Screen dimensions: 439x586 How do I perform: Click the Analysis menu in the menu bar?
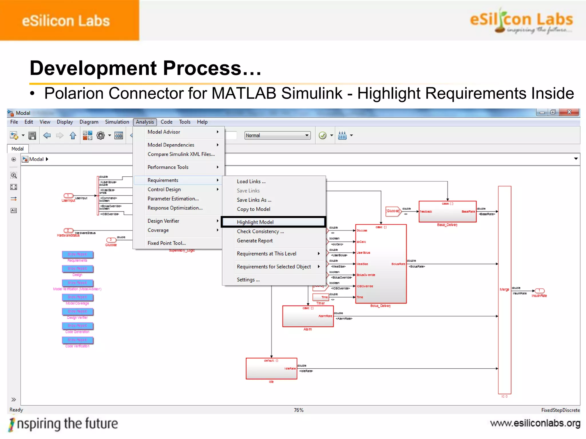coord(145,122)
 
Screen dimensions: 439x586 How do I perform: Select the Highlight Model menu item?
coord(255,222)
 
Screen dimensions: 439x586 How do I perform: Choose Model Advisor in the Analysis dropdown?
coord(164,132)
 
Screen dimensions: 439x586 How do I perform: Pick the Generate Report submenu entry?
coord(255,241)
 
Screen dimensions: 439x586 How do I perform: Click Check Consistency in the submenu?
coord(260,232)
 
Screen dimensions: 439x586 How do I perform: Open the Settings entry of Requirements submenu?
coord(248,280)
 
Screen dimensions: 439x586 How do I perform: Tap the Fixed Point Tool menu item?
coord(167,243)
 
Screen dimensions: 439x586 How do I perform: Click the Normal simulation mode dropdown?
coord(277,135)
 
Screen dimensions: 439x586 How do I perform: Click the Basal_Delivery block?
coord(447,211)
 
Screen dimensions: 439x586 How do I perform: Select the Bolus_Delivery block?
coord(381,264)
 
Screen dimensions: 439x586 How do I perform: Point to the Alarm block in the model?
coord(308,316)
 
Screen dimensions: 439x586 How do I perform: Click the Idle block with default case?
coord(271,368)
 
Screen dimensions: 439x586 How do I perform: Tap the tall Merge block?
coord(504,290)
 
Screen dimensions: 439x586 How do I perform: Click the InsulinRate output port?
coord(539,291)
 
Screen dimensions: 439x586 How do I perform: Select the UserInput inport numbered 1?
coord(68,196)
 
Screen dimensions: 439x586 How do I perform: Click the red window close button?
coord(569,112)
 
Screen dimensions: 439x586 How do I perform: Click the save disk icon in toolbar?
coord(32,135)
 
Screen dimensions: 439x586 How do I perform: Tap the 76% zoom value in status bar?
coord(298,410)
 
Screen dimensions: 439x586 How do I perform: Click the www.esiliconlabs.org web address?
coord(535,423)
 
